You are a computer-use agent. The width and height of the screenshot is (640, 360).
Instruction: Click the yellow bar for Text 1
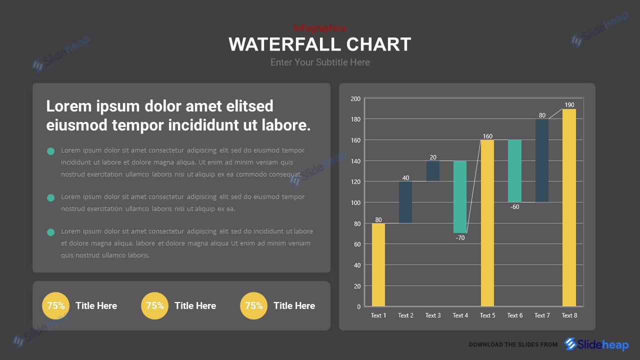378,264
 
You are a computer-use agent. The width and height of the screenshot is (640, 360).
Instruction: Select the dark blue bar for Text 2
405,202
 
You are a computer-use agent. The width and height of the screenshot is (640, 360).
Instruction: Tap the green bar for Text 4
460,196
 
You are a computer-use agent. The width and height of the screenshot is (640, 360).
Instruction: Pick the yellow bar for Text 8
569,207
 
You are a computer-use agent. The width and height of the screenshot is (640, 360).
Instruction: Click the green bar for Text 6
514,171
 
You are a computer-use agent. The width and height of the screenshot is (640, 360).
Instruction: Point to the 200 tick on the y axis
355,99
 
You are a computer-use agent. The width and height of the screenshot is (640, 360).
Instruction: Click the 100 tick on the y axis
355,202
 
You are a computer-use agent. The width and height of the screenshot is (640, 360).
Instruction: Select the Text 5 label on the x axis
487,315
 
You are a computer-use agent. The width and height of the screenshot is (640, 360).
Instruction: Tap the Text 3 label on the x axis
433,315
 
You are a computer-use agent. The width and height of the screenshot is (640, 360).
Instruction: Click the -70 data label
460,238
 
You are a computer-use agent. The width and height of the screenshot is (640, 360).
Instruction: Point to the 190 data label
569,105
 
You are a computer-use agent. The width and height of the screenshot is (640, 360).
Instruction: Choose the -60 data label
514,207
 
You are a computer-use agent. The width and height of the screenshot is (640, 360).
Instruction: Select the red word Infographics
319,28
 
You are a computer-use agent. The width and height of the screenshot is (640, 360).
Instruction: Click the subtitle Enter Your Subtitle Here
320,62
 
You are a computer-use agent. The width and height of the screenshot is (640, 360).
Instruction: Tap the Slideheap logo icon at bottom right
570,344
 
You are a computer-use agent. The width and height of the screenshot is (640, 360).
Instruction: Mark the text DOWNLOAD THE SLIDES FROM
513,344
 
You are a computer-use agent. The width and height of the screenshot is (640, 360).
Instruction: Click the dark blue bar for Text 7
542,160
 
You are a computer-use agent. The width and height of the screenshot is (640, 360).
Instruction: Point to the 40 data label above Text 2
405,178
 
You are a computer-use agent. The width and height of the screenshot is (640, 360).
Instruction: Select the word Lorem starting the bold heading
68,106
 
